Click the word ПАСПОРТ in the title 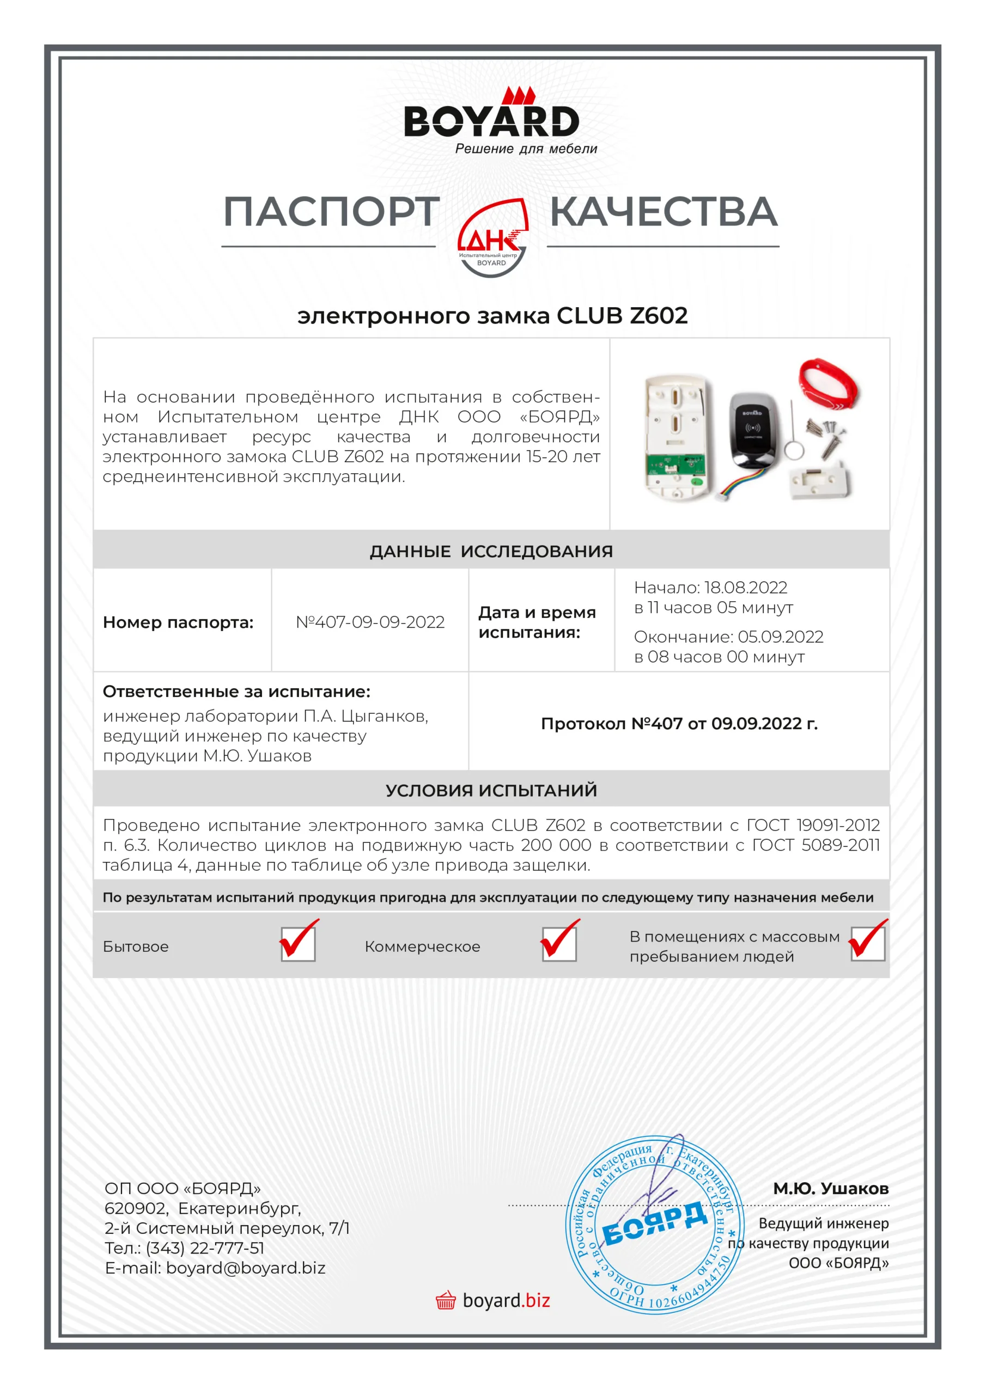point(331,212)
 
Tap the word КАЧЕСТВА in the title point(664,212)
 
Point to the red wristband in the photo point(829,386)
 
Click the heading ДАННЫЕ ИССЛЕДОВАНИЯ point(491,551)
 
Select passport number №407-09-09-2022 point(370,622)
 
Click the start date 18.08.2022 point(745,587)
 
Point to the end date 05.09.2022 point(780,637)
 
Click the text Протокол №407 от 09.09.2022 point(679,723)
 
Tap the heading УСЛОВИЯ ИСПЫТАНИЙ point(491,790)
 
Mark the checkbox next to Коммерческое point(559,944)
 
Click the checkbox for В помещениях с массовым point(868,944)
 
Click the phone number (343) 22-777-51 point(205,1248)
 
